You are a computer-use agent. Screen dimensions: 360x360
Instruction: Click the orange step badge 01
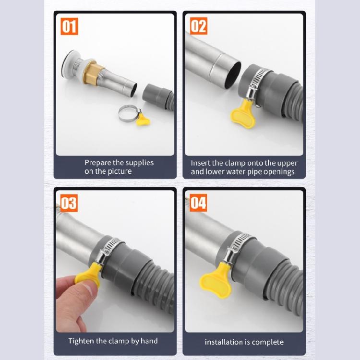pyautogui.click(x=70, y=26)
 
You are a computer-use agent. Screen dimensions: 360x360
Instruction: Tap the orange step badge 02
pyautogui.click(x=198, y=26)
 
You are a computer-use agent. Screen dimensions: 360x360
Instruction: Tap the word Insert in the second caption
pyautogui.click(x=201, y=163)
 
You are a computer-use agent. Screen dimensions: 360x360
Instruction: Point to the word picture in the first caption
pyautogui.click(x=120, y=171)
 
